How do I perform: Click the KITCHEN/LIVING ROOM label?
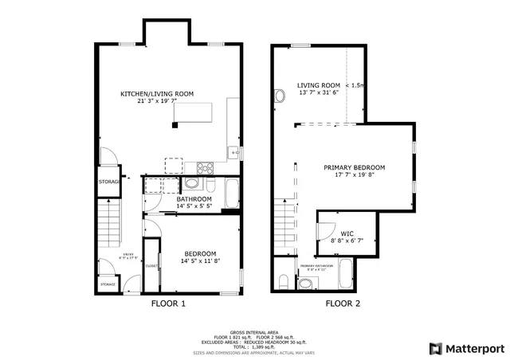point(157,94)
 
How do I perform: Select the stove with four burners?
point(204,168)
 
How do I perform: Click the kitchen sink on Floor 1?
point(232,151)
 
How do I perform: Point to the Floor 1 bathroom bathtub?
point(231,194)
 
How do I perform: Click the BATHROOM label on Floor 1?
point(194,199)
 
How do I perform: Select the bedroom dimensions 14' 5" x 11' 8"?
point(189,260)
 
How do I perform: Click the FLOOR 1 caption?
point(168,303)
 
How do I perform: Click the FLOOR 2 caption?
point(342,303)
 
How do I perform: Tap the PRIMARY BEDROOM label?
point(354,168)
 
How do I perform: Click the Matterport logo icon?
point(434,348)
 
